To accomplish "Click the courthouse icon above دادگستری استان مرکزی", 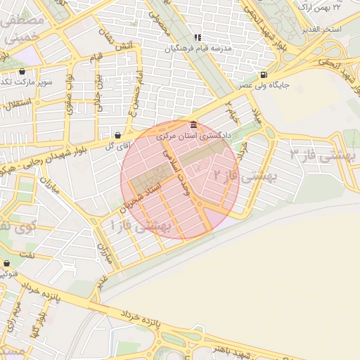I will point(193,124).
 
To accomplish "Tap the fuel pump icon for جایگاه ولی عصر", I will point(263,75).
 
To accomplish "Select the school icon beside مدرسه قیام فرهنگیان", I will point(198,37).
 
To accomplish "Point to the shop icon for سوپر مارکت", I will point(22,72).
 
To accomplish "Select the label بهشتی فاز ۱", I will point(141,226).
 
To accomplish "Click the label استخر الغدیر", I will point(321,29).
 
